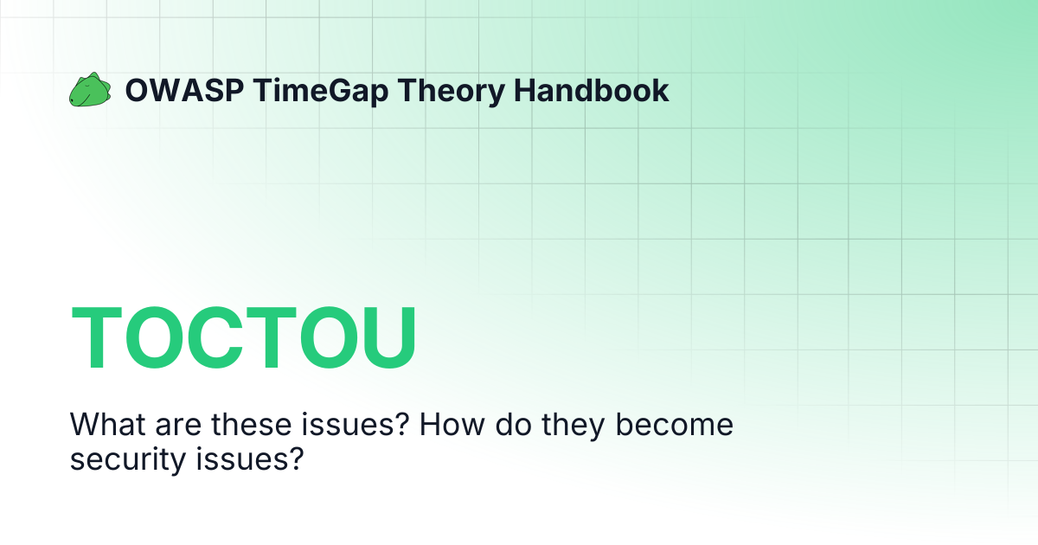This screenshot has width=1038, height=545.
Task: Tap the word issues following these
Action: [x=307, y=426]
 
